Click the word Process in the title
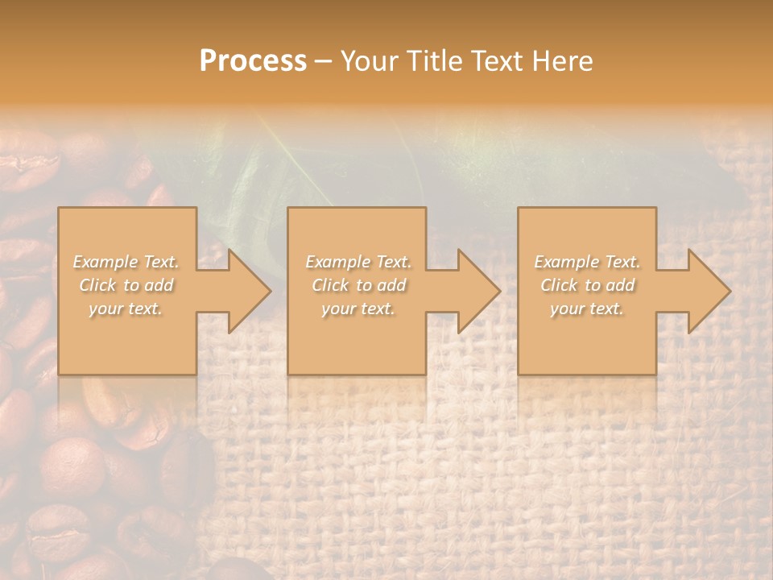tap(253, 61)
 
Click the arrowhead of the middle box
tap(478, 291)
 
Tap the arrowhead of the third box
tap(709, 291)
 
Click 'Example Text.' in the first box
tap(126, 262)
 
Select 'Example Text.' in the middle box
tap(358, 262)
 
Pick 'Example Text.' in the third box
tap(587, 262)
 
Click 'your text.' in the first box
tap(126, 309)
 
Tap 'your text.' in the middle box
tap(358, 309)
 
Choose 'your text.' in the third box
tap(586, 309)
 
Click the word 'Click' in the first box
tap(98, 285)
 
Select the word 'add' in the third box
tap(620, 285)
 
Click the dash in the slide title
tap(323, 61)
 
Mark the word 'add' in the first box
tap(159, 285)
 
